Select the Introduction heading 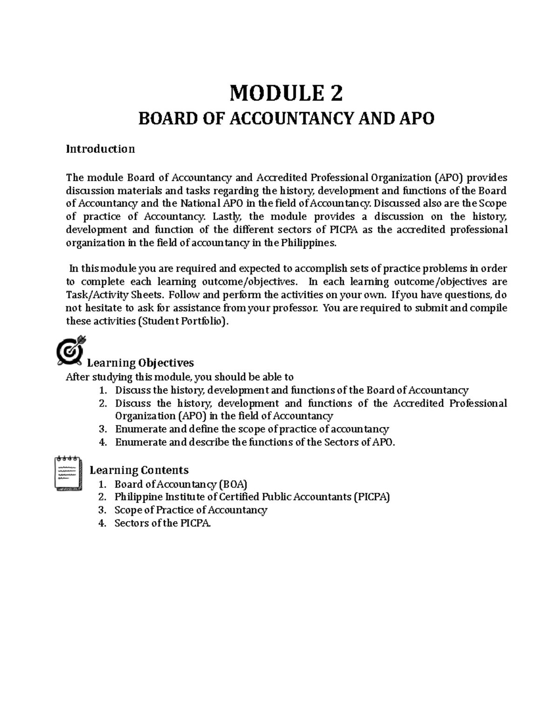coord(101,149)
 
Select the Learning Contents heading coord(139,470)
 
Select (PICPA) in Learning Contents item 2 coord(371,497)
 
